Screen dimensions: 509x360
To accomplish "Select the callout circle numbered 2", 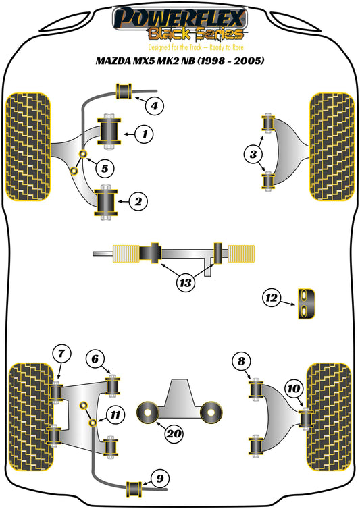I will [137, 200].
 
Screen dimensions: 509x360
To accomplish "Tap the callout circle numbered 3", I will [253, 155].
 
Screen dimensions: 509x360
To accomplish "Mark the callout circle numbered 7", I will [61, 352].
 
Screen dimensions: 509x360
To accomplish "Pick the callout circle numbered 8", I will [241, 362].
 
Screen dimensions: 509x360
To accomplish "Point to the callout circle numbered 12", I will [272, 297].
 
